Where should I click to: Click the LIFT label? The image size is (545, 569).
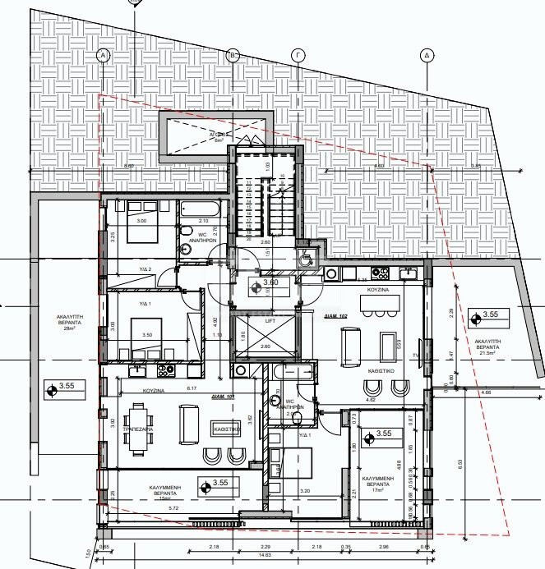[270, 321]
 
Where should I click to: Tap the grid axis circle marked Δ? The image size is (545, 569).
[427, 55]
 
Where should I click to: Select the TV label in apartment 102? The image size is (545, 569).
[416, 356]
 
